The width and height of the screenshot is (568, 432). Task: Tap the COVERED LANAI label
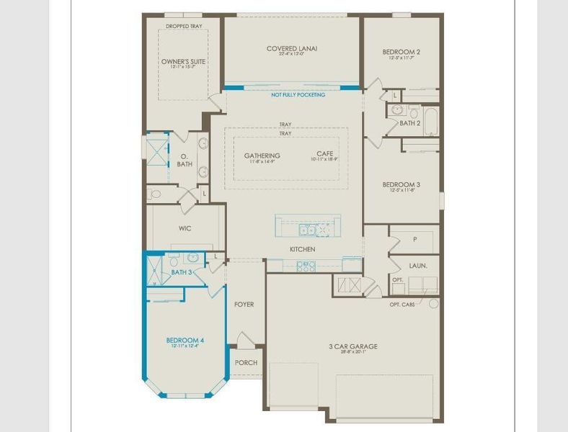[292, 49]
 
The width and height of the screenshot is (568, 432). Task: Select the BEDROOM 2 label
[401, 52]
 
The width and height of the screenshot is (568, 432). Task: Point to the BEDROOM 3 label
[401, 184]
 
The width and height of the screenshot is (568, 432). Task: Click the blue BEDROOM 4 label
[185, 340]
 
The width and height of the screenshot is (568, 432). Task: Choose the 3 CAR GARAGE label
[353, 346]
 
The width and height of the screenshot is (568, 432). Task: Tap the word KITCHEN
[303, 249]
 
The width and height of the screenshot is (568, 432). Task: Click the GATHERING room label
[262, 156]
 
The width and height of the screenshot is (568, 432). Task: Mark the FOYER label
[244, 305]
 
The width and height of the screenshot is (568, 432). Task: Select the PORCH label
[246, 362]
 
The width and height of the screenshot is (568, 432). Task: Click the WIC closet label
[185, 228]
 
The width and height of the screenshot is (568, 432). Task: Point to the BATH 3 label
[182, 272]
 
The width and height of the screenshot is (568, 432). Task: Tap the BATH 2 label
[410, 123]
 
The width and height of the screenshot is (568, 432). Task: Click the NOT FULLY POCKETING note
[298, 95]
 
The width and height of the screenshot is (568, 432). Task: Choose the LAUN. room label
[418, 266]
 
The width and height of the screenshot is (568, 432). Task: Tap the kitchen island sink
[306, 230]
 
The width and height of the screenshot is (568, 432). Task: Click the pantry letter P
[415, 238]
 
